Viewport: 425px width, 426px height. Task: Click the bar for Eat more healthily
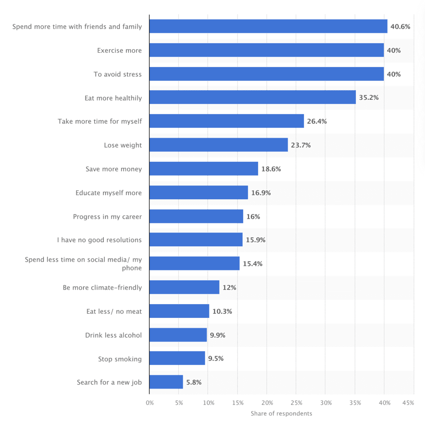[x=252, y=97]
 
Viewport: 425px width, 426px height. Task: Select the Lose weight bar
[x=219, y=145]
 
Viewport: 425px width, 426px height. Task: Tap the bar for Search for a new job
[x=166, y=382]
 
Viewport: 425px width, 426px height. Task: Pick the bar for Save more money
[x=204, y=168]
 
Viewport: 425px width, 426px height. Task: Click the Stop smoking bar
[x=177, y=358]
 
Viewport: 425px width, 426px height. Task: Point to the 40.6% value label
[x=400, y=27]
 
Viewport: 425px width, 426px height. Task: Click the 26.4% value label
[x=317, y=121]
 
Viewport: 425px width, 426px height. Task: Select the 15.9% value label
[x=256, y=240]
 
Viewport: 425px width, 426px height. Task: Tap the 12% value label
[x=229, y=287]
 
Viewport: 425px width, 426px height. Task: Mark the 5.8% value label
[x=194, y=382]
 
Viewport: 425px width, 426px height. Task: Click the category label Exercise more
[x=119, y=50]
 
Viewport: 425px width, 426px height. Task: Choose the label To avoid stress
[x=117, y=74]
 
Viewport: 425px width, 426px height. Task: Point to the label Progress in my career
[x=107, y=216]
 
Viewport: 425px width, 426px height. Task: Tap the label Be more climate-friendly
[x=102, y=287]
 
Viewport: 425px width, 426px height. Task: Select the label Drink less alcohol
[x=114, y=335]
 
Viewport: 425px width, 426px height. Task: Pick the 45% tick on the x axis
[x=408, y=403]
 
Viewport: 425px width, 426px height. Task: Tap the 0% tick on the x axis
[x=149, y=403]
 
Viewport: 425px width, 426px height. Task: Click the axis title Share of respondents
[x=281, y=414]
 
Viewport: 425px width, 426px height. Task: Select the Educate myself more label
[x=109, y=193]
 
